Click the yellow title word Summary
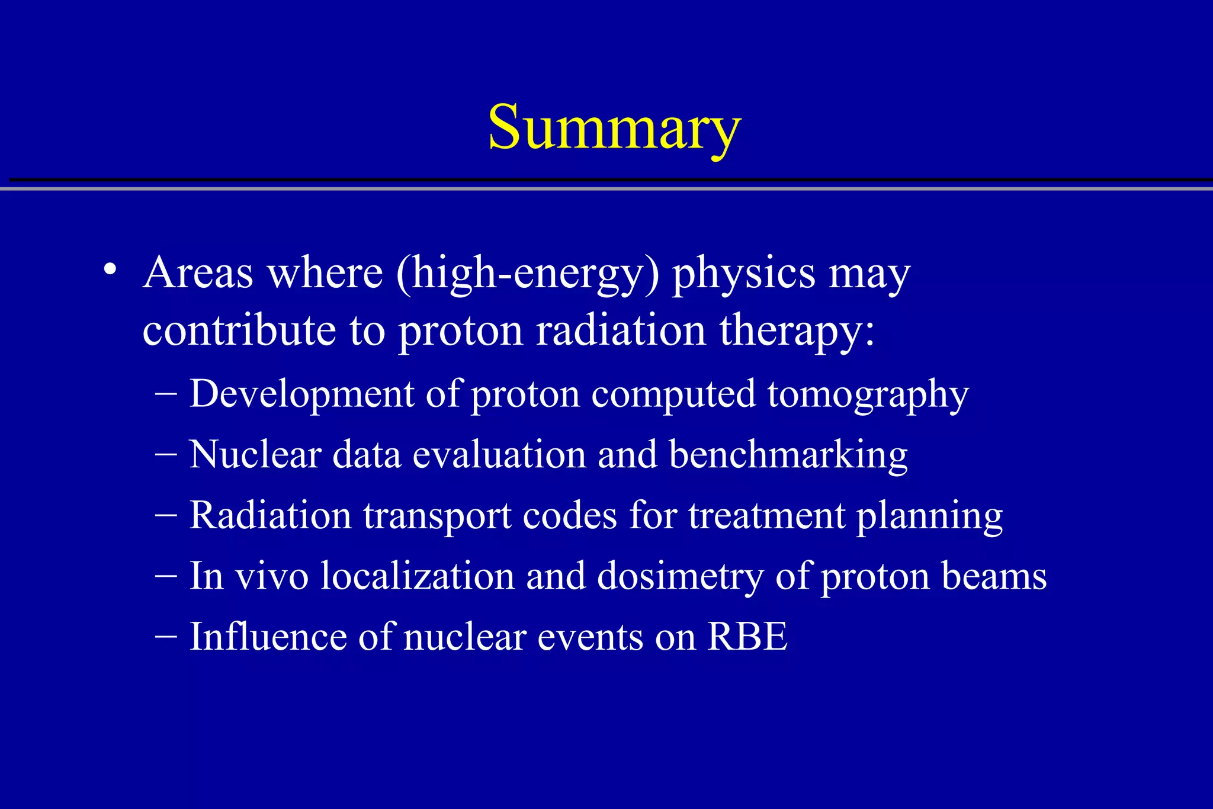pos(614,128)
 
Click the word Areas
pos(198,273)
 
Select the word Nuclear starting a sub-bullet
pos(255,455)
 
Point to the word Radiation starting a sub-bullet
pos(270,515)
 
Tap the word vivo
pos(272,576)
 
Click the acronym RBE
pos(747,637)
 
